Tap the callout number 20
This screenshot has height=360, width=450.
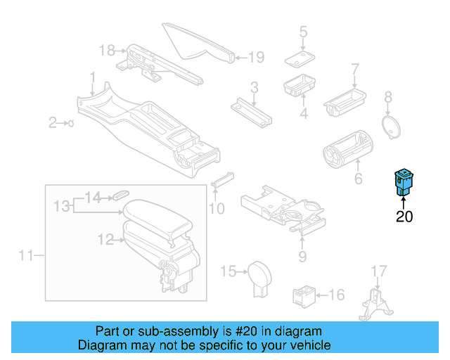404,217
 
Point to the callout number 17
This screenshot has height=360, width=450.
379,270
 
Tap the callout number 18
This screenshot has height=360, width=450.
106,50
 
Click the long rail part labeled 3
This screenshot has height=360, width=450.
251,109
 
